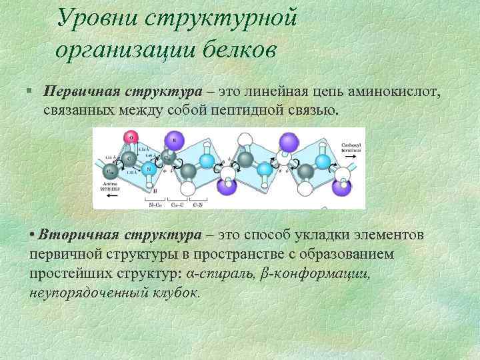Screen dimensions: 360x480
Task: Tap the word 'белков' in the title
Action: click(234, 50)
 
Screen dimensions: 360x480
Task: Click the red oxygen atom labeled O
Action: click(131, 137)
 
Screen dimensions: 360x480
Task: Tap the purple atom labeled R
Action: click(175, 141)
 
